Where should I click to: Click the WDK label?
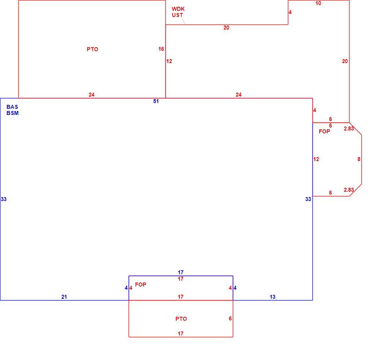point(178,9)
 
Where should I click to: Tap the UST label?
point(177,15)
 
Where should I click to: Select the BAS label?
point(12,107)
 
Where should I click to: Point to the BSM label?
point(12,113)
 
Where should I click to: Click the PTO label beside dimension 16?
point(93,49)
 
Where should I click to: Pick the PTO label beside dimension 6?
point(181,319)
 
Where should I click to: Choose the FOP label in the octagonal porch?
point(324,132)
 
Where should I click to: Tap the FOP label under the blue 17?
point(141,284)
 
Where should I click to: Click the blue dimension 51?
point(156,101)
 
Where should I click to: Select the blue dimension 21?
point(64,297)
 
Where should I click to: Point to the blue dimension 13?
point(272,297)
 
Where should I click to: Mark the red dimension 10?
point(318,3)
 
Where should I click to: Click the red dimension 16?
point(161,49)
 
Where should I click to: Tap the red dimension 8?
point(359,159)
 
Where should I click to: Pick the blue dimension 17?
point(181,272)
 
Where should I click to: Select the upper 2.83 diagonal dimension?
point(348,129)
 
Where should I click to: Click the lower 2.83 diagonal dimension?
point(348,190)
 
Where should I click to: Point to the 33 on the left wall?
point(4,199)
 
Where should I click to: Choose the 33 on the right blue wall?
point(308,199)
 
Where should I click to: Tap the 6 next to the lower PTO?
point(230,319)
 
